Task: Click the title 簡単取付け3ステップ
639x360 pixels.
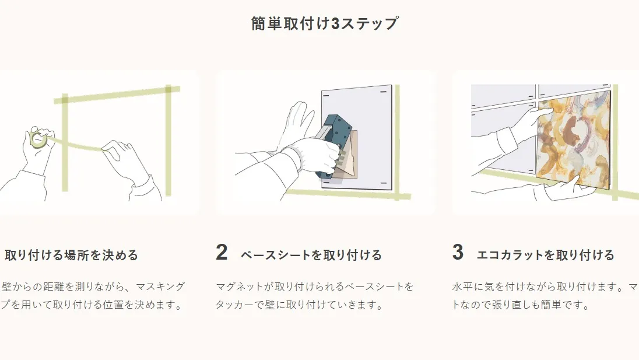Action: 325,23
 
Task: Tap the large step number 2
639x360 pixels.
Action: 222,252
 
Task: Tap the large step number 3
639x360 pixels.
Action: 458,252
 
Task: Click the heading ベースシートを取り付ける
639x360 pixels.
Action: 311,255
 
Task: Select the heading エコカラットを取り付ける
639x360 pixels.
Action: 545,255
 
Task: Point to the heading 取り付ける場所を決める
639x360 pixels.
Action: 72,255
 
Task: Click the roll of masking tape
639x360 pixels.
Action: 38,139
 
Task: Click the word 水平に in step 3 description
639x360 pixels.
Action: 467,286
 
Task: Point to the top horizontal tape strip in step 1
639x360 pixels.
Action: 117,94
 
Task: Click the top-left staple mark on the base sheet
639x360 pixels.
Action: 325,96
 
